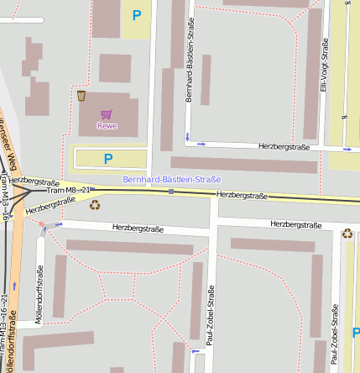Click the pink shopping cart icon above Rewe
click(107, 113)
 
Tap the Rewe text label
click(107, 126)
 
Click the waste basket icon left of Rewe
click(81, 96)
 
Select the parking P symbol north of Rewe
click(137, 14)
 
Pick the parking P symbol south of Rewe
click(107, 158)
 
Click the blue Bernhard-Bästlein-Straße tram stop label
click(171, 179)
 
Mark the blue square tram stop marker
click(171, 192)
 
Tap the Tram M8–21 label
click(68, 191)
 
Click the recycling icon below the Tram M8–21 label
click(95, 203)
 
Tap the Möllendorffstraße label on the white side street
click(39, 292)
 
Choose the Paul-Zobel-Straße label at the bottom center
click(211, 316)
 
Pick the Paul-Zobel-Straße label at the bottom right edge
click(335, 337)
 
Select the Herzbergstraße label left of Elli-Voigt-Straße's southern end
click(284, 147)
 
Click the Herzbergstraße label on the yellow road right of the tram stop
click(242, 195)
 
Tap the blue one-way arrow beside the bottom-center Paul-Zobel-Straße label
click(196, 353)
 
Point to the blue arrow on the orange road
click(13, 286)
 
